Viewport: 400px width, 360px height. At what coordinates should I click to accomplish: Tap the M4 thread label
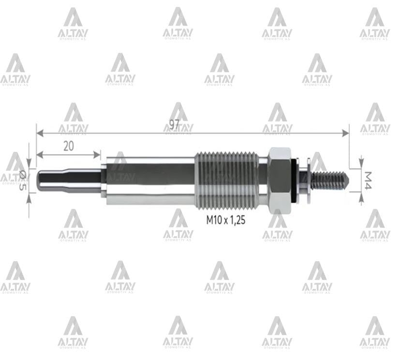(368, 180)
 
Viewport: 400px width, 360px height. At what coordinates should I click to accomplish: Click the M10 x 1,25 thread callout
(226, 220)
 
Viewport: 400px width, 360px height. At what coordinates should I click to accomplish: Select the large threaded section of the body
(231, 179)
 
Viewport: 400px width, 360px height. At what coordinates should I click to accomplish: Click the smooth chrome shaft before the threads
(150, 179)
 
